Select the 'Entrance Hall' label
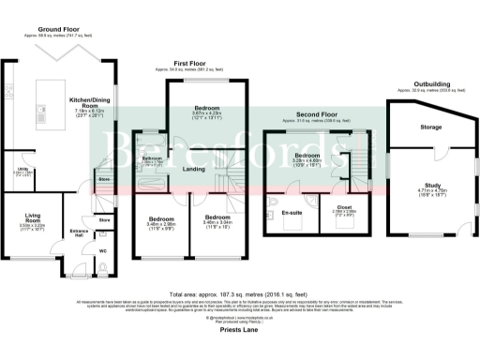pyautogui.click(x=79, y=234)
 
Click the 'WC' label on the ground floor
pyautogui.click(x=103, y=251)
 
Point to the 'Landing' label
pyautogui.click(x=194, y=169)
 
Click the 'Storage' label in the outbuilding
pyautogui.click(x=430, y=126)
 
